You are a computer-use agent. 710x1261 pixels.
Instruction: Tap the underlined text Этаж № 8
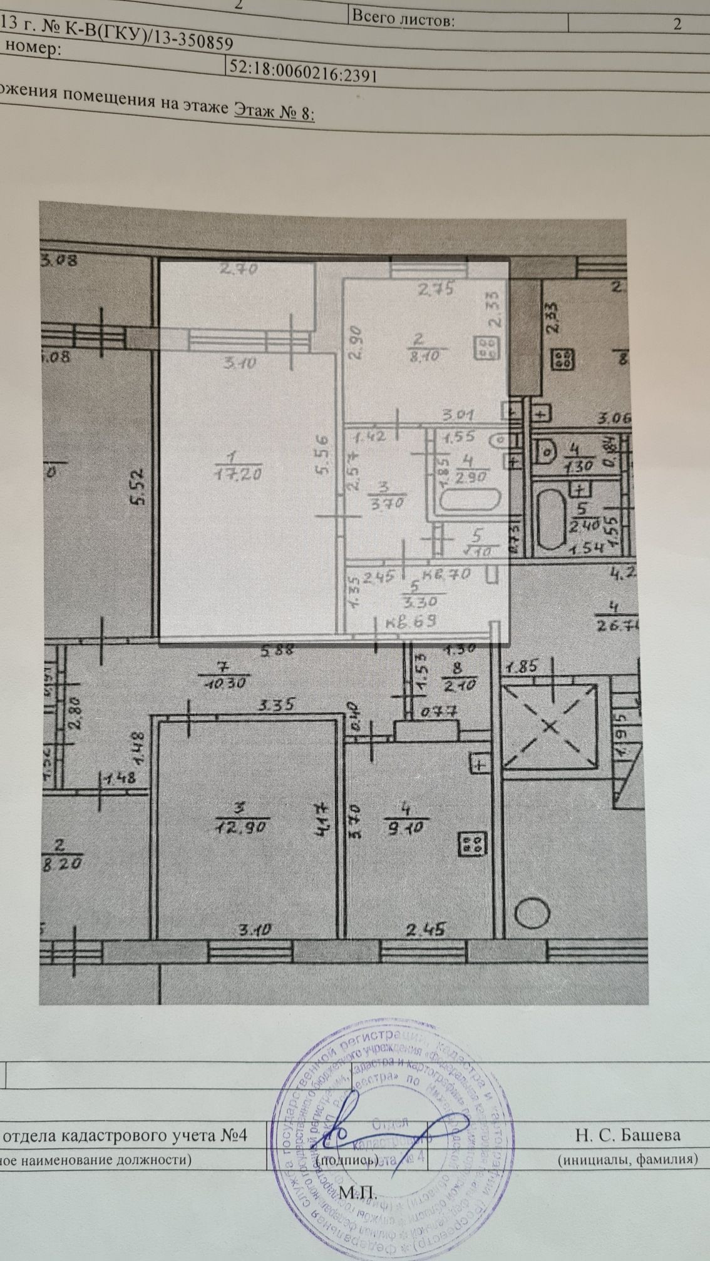click(274, 111)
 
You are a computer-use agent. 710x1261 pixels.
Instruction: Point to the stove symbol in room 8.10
click(486, 348)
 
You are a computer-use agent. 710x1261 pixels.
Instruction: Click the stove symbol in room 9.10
click(472, 844)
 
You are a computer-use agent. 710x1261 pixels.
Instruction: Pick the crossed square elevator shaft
click(550, 726)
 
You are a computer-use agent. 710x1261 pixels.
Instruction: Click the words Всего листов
click(403, 18)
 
